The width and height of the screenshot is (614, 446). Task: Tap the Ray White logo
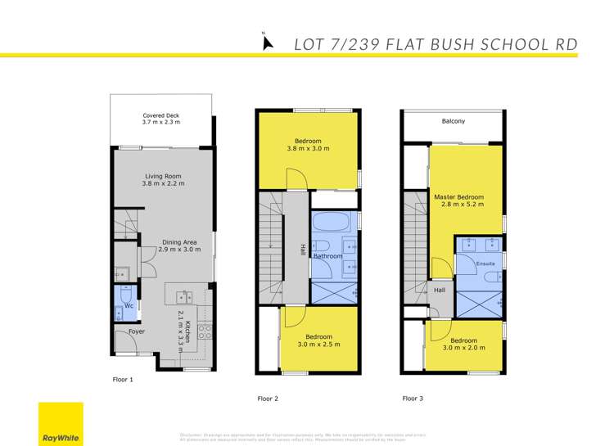(61, 424)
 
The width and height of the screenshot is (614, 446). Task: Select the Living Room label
(163, 176)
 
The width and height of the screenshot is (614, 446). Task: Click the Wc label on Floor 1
(128, 306)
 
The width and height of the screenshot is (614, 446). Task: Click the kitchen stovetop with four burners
(205, 332)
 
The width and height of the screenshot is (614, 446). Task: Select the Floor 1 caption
(123, 381)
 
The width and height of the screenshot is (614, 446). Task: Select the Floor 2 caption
(269, 399)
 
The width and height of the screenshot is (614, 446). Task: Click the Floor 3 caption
(413, 399)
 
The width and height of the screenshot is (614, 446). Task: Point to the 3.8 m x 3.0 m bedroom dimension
(308, 149)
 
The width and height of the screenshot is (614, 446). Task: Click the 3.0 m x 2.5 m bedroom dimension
(318, 345)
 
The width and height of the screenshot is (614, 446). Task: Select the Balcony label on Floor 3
(453, 121)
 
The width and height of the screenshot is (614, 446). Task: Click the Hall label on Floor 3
(440, 290)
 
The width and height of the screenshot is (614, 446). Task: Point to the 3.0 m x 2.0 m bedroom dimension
(463, 348)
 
